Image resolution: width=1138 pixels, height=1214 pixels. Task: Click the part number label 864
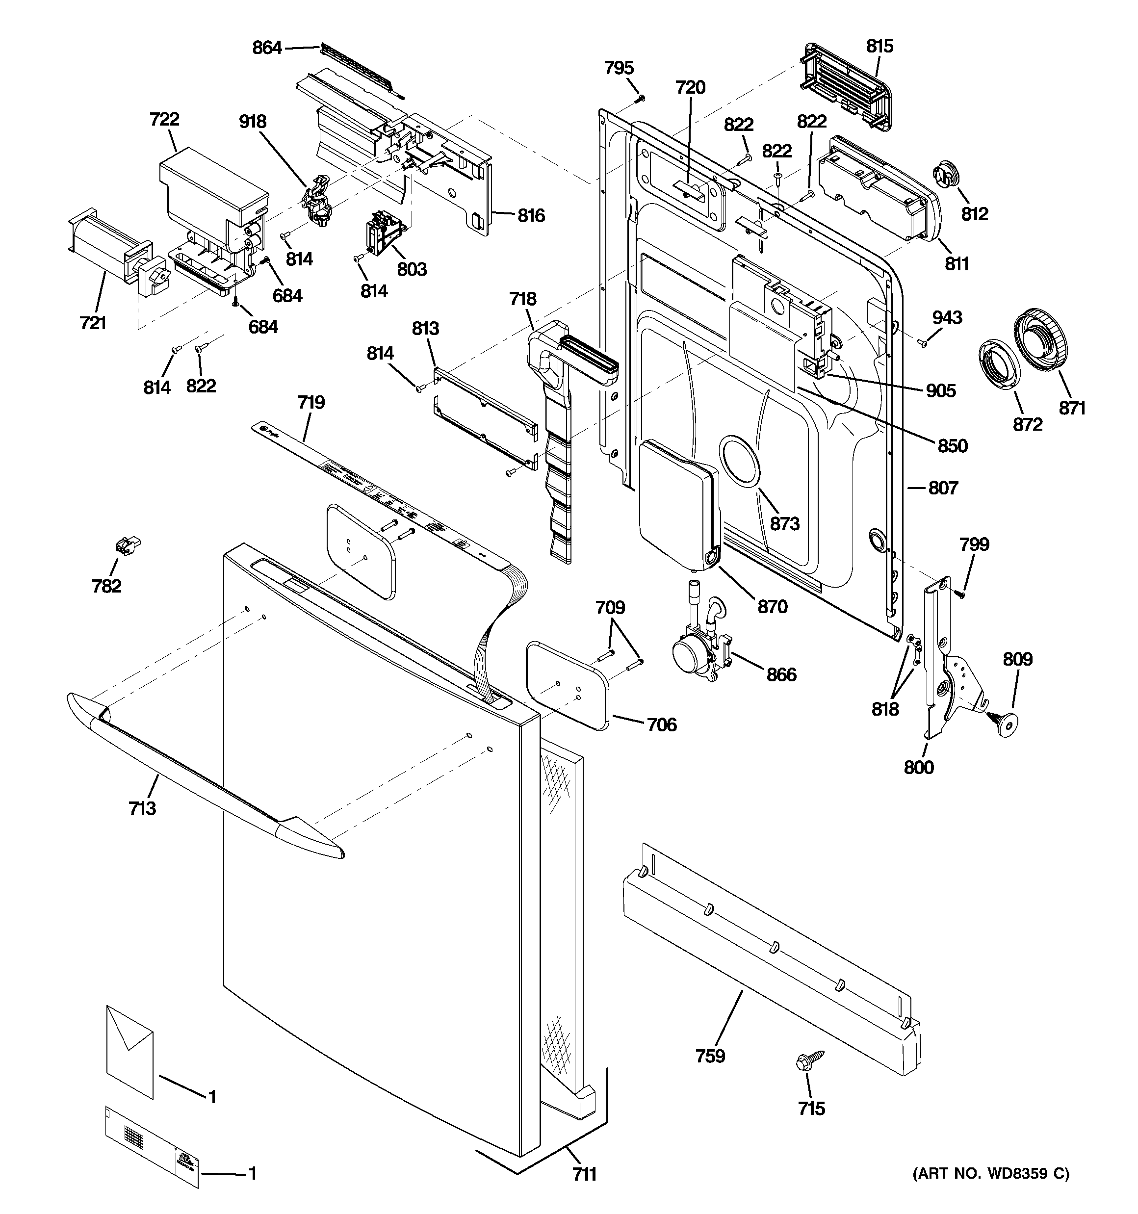[x=267, y=47]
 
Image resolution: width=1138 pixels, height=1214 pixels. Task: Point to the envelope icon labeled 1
[x=129, y=1052]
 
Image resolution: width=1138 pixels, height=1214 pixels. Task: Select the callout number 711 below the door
[x=585, y=1174]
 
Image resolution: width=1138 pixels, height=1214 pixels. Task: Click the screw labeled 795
[x=640, y=98]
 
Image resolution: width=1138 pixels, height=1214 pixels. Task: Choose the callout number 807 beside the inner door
[x=943, y=487]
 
